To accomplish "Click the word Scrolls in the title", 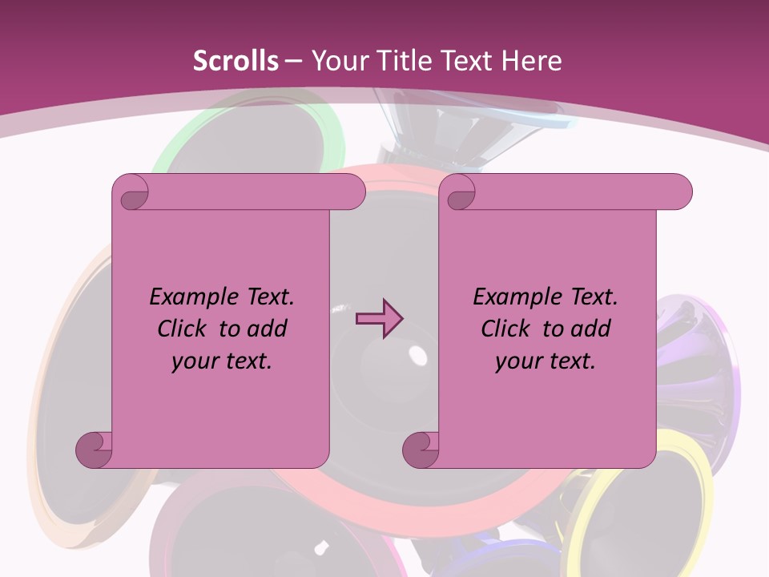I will click(x=236, y=61).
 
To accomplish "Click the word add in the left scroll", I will click(x=267, y=329).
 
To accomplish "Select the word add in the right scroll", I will click(x=590, y=329).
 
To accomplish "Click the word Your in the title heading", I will click(x=336, y=61).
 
